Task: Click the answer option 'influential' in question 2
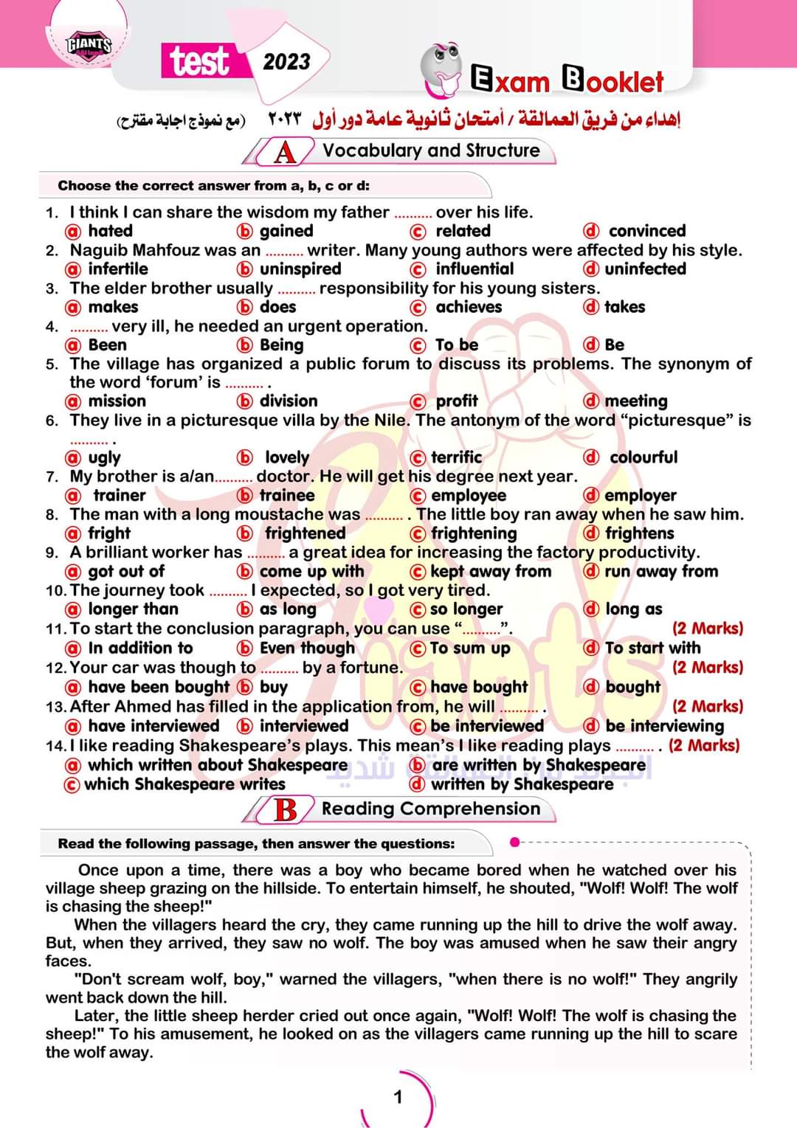(474, 269)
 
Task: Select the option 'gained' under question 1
(286, 231)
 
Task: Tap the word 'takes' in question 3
(624, 307)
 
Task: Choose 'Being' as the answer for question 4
(281, 345)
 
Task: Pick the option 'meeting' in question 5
(635, 401)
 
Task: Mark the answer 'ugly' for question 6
(104, 457)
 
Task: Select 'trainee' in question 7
(286, 496)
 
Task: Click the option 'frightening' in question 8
(473, 533)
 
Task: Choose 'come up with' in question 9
(311, 572)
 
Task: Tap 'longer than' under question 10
(133, 609)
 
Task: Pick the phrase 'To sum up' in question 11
(469, 648)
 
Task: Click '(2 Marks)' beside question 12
(707, 668)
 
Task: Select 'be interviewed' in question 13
(486, 726)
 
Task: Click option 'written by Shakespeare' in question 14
(521, 784)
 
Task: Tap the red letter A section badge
(285, 152)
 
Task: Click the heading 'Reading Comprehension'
(430, 809)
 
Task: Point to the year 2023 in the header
(286, 61)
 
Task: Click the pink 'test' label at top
(199, 61)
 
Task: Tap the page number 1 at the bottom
(398, 1097)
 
